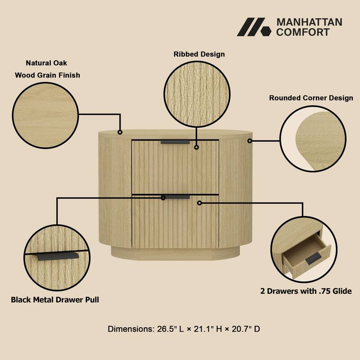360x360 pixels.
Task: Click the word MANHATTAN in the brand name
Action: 309,22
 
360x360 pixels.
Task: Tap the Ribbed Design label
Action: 199,54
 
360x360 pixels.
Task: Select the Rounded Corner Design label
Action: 311,98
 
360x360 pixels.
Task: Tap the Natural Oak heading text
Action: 46,63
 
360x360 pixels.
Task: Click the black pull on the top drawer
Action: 175,142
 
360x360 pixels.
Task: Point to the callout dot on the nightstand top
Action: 120,132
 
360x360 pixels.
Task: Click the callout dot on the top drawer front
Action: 196,147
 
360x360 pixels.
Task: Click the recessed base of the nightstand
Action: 175,252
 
